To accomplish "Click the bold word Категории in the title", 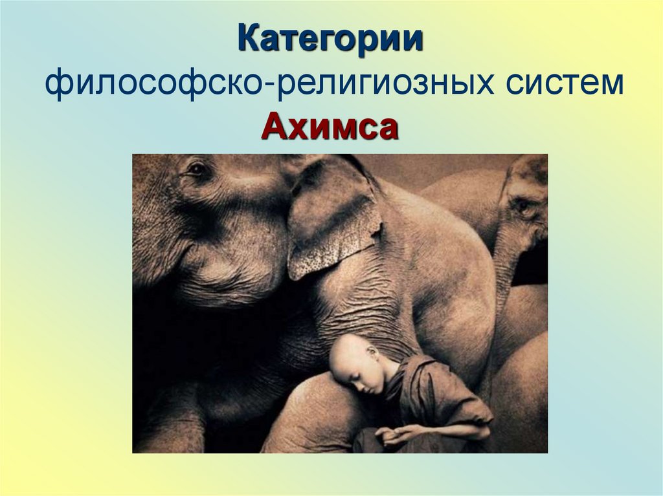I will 330,40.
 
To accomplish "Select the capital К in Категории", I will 248,40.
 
